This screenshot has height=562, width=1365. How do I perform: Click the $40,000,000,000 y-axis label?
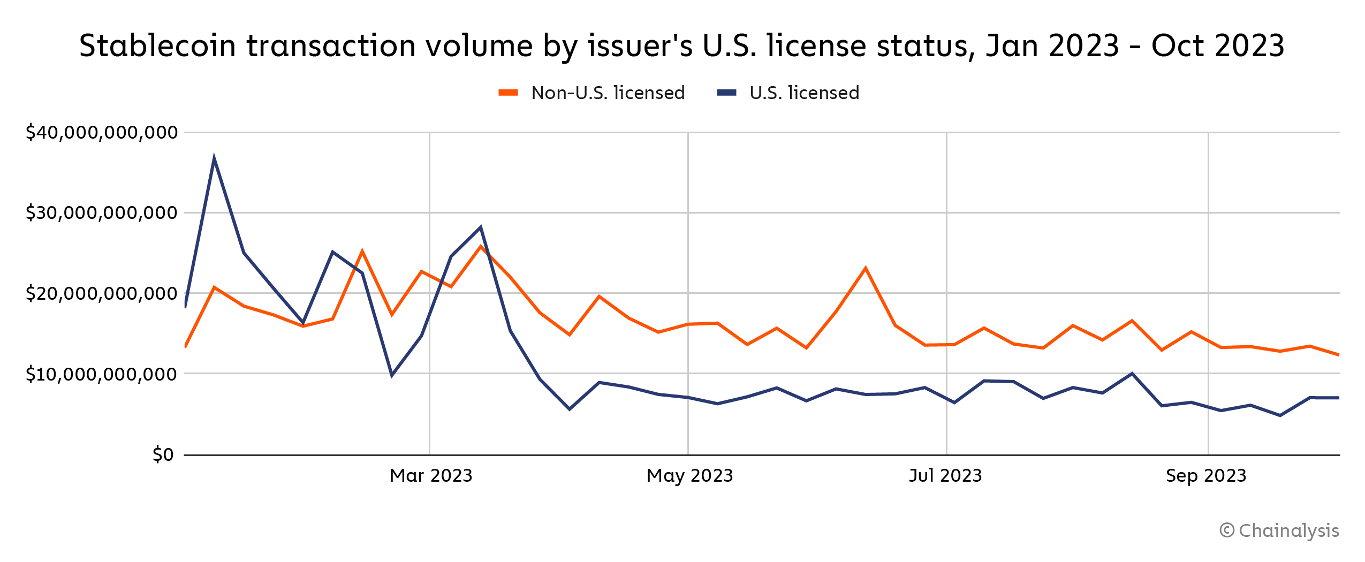pyautogui.click(x=102, y=132)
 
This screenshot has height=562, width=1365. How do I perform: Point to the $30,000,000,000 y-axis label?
pyautogui.click(x=102, y=213)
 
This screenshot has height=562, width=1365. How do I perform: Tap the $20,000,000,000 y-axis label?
pyautogui.click(x=102, y=293)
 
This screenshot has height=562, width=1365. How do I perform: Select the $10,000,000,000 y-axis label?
pyautogui.click(x=102, y=374)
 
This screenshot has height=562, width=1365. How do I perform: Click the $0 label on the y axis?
pyautogui.click(x=163, y=454)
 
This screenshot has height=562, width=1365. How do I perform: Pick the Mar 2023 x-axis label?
pyautogui.click(x=431, y=475)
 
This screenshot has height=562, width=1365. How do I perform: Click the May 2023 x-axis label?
pyautogui.click(x=689, y=475)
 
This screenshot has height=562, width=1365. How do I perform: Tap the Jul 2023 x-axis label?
pyautogui.click(x=945, y=475)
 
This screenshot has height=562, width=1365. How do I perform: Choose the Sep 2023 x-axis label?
pyautogui.click(x=1206, y=475)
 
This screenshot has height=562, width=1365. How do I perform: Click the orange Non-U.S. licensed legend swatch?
pyautogui.click(x=508, y=93)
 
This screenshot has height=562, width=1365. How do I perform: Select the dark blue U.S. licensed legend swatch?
pyautogui.click(x=726, y=93)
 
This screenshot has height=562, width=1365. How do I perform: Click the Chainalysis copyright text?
pyautogui.click(x=1279, y=530)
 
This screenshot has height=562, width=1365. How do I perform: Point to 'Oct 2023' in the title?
pyautogui.click(x=1218, y=45)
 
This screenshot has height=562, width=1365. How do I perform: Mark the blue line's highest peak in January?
pyautogui.click(x=214, y=159)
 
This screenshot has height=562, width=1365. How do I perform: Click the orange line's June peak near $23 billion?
pyautogui.click(x=866, y=268)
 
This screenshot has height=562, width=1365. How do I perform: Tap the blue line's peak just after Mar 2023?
pyautogui.click(x=481, y=227)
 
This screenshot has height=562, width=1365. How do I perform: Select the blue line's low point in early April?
pyautogui.click(x=570, y=409)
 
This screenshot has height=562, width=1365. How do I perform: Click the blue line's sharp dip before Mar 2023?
pyautogui.click(x=392, y=375)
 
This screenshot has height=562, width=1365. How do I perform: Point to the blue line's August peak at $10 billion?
pyautogui.click(x=1132, y=374)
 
